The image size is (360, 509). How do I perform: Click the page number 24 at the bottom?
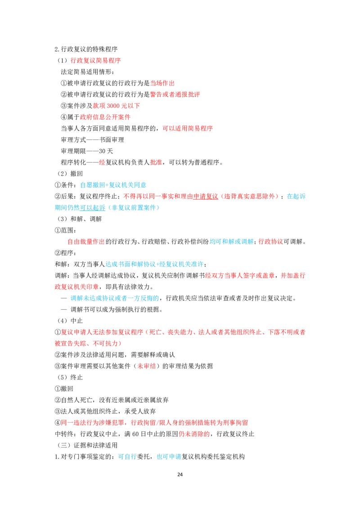pos(180,474)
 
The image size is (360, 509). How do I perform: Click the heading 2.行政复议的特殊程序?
pos(86,49)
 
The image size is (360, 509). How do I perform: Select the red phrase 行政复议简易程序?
pos(95,60)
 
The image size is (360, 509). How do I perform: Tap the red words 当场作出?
pos(162,83)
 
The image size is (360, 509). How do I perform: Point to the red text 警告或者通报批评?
pos(175,94)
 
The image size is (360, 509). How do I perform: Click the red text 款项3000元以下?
pos(116,106)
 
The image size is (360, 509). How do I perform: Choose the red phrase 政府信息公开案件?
pos(105,117)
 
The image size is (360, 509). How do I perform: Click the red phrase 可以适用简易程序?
pos(188,129)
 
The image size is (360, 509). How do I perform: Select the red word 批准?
pos(156,162)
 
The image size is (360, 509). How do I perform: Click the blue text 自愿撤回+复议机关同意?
pos(113,185)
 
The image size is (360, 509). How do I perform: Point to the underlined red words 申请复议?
pos(206,196)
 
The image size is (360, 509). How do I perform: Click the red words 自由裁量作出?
pos(86,241)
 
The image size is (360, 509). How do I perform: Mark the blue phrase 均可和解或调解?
pos(231,241)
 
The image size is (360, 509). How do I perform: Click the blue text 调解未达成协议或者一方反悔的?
pos(115,298)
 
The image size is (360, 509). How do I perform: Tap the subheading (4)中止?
pos(70,321)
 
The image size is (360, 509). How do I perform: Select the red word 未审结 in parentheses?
pos(146,366)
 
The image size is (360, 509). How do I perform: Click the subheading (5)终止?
pos(70,377)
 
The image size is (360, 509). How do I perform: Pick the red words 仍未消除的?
pos(194,434)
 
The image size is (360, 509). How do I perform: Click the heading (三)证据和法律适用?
pos(87,445)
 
